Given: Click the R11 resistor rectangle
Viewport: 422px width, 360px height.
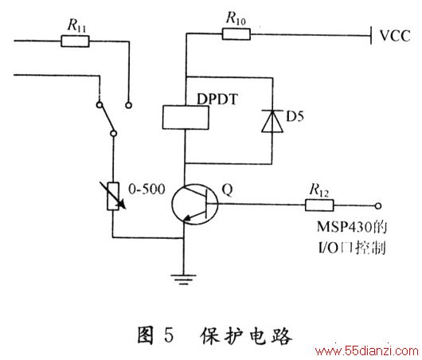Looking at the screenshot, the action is pos(75,41).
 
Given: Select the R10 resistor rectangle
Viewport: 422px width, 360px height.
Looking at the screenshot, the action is pos(236,34).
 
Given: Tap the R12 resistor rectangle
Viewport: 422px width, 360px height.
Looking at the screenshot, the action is pos(319,205).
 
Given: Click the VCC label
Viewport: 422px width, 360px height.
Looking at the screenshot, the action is pos(395,36).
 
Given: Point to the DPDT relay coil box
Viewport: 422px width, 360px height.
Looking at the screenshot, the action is pos(186,117).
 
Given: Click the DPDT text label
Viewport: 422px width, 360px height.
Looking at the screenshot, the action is pos(217,99).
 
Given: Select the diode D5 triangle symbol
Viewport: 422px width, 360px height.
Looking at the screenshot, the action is pos(272,121).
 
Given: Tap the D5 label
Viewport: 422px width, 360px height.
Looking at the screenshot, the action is pos(295,116).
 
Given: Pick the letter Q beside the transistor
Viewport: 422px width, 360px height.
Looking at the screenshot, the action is pos(228,190).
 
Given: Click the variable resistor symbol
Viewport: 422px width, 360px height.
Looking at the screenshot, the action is pos(113,196).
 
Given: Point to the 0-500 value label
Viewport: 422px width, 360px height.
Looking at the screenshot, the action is pos(147,189).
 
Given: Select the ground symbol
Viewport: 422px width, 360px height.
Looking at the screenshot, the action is pos(184,280).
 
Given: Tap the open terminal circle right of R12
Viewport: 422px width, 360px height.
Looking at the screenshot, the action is pos(378,206).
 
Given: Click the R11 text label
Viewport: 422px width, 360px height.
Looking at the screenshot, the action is pos(76,25).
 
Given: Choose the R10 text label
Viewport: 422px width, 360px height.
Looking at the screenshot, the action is pos(236,18).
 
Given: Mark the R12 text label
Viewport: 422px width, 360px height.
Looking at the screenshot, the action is pos(319,190).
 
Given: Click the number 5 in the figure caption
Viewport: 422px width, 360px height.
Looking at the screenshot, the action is pos(169,335).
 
